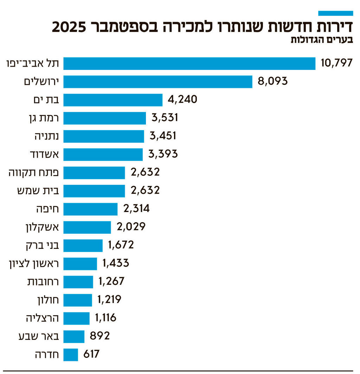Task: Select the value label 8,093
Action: (x=273, y=82)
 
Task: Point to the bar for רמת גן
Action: (x=104, y=118)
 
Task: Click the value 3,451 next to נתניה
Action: (x=162, y=136)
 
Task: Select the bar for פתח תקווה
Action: (x=94, y=173)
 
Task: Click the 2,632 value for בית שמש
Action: (x=145, y=191)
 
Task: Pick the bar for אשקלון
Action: (x=87, y=227)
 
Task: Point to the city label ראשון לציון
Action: (x=34, y=263)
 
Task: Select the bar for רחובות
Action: (x=78, y=282)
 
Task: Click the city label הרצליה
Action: (x=42, y=318)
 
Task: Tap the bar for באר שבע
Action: (x=74, y=336)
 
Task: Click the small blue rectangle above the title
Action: (x=335, y=13)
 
